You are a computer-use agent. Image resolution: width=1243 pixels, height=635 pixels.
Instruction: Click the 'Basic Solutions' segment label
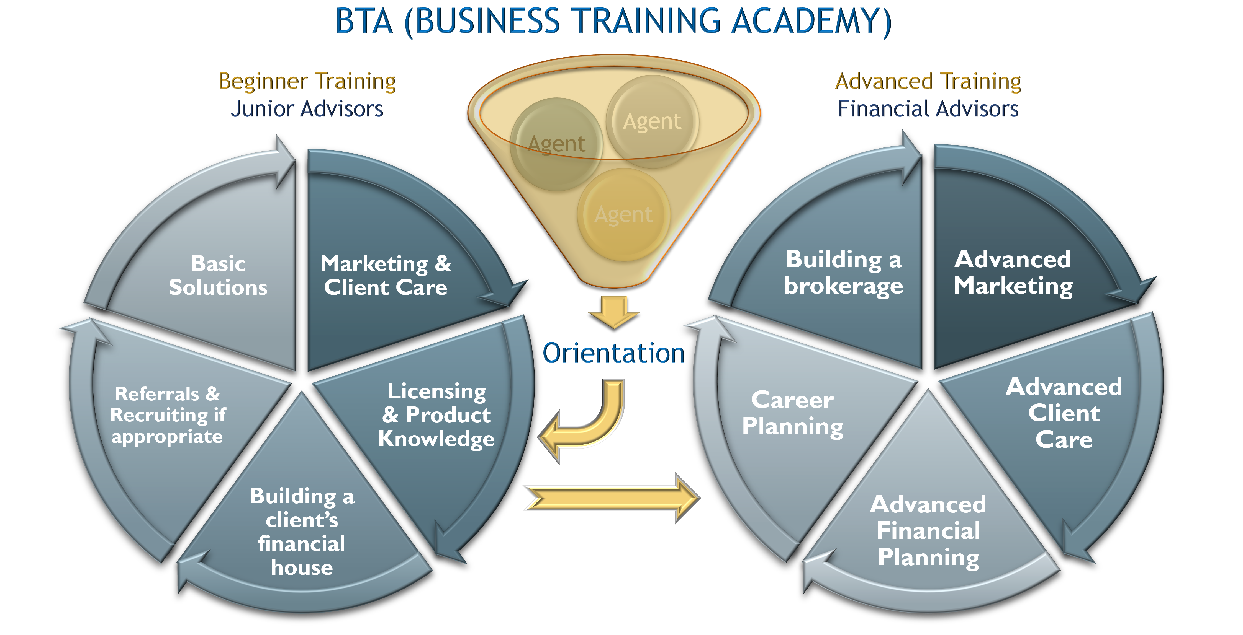click(218, 275)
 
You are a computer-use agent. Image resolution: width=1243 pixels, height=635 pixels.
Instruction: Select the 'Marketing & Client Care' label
click(386, 275)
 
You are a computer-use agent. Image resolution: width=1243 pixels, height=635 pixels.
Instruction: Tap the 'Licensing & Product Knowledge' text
click(437, 415)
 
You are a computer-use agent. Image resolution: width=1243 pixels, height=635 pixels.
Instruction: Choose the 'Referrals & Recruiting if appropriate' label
click(168, 415)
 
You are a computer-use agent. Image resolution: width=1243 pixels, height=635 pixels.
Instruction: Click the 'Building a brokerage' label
click(843, 273)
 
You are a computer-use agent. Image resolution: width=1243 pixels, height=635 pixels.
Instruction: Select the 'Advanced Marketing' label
click(1013, 273)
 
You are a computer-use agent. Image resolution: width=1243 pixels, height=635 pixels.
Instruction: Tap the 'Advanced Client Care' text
click(1064, 413)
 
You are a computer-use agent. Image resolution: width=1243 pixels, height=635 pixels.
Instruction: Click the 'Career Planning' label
click(793, 413)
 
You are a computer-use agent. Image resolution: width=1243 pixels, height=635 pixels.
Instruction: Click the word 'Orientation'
click(613, 353)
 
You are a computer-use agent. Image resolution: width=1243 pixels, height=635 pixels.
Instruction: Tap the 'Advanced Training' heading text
click(928, 81)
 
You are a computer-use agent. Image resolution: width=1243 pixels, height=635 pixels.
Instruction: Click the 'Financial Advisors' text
click(928, 109)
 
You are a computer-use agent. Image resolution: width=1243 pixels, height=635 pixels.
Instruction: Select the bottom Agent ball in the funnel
click(623, 214)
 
